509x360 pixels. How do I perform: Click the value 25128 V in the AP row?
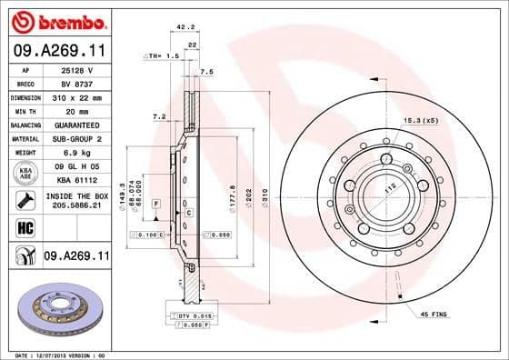point(75,69)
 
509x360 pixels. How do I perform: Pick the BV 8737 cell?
point(75,83)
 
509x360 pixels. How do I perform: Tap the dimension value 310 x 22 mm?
point(75,96)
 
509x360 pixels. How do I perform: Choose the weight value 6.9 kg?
point(75,153)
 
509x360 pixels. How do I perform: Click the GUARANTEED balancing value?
point(75,125)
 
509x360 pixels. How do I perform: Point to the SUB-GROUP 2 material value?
point(75,138)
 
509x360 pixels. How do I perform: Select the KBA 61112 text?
point(75,181)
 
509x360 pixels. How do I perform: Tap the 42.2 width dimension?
point(185,26)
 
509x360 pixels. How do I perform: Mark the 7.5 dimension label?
point(205,70)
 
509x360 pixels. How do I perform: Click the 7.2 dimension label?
point(158,115)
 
